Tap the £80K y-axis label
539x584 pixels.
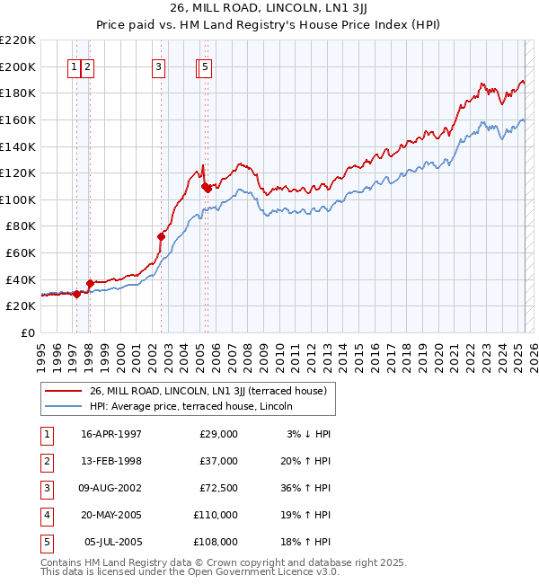21,226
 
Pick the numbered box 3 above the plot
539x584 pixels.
158,66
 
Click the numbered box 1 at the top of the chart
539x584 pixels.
73,66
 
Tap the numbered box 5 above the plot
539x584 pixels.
206,66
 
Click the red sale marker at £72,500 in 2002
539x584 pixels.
162,236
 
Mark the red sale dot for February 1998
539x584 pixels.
90,283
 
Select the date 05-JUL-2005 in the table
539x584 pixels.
112,542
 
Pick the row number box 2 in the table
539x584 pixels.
46,461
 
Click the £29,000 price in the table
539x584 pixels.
216,434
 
